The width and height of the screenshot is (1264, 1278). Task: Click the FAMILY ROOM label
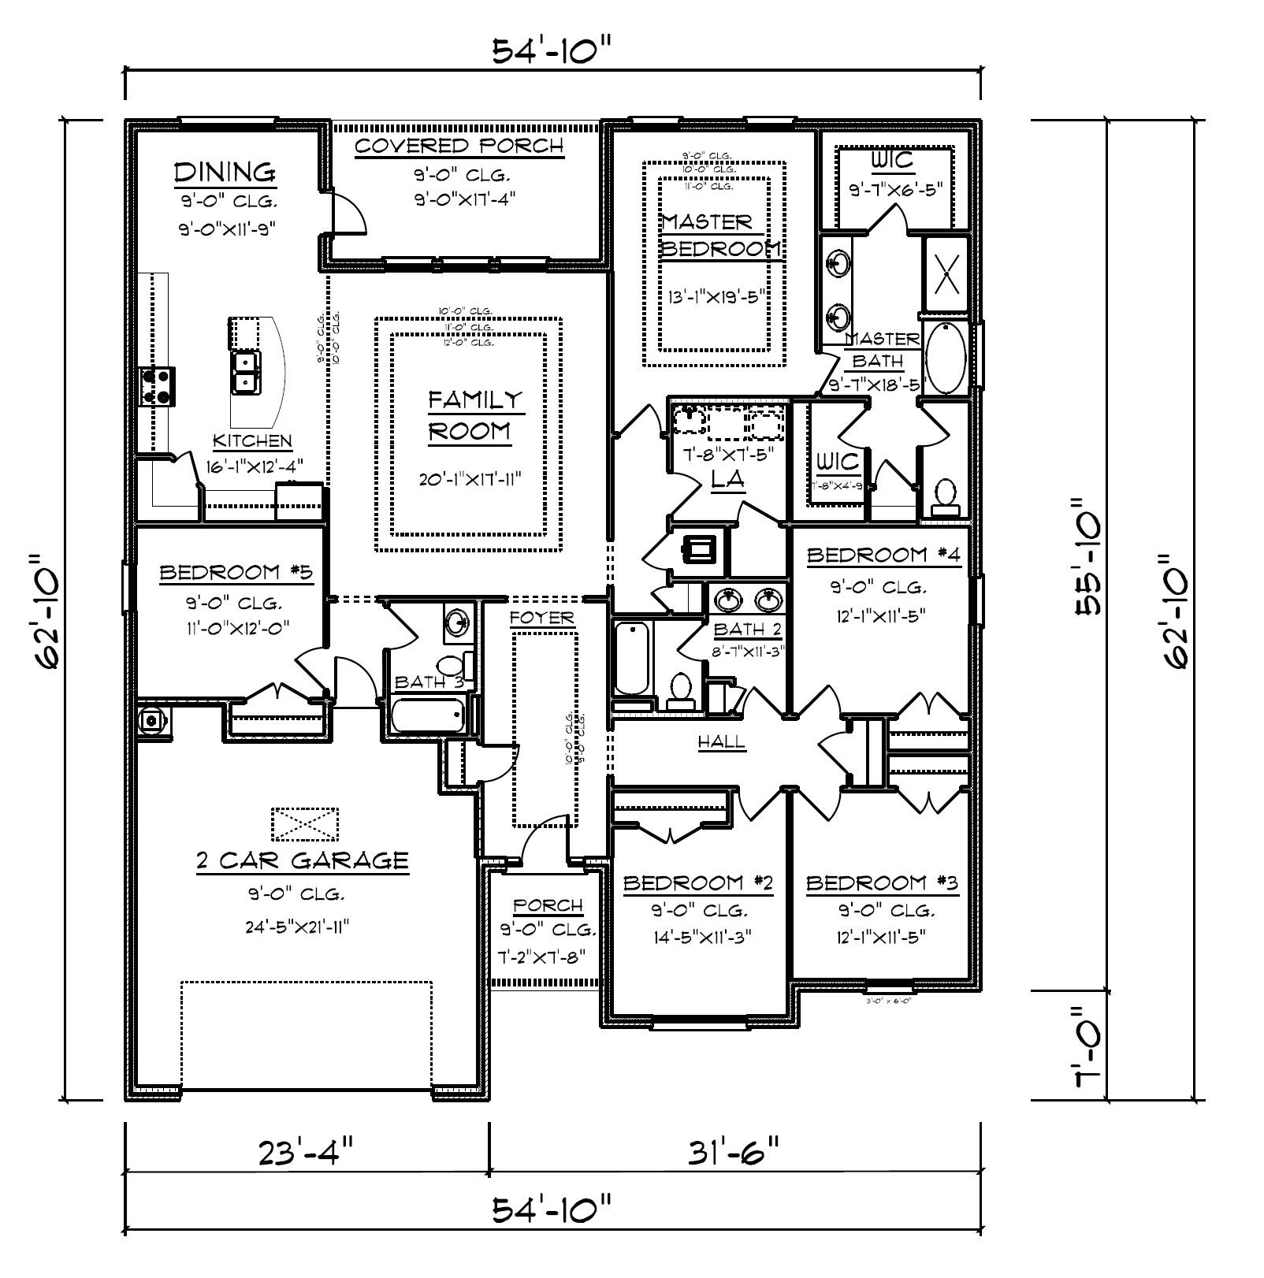(x=475, y=415)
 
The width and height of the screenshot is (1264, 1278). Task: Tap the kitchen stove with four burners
(x=158, y=387)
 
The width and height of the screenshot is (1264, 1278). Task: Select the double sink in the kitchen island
(x=246, y=373)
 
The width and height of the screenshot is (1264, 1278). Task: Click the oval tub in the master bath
(x=946, y=359)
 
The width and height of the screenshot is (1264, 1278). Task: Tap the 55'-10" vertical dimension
(x=1093, y=555)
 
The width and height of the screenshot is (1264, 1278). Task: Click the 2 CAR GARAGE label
(x=303, y=860)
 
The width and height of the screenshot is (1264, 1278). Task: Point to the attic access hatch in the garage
(x=305, y=824)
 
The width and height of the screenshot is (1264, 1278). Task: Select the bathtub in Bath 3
(x=428, y=715)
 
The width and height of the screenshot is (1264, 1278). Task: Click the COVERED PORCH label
(x=459, y=147)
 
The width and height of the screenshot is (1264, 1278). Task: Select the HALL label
(x=721, y=741)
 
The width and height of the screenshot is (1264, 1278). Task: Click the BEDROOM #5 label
(x=236, y=572)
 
